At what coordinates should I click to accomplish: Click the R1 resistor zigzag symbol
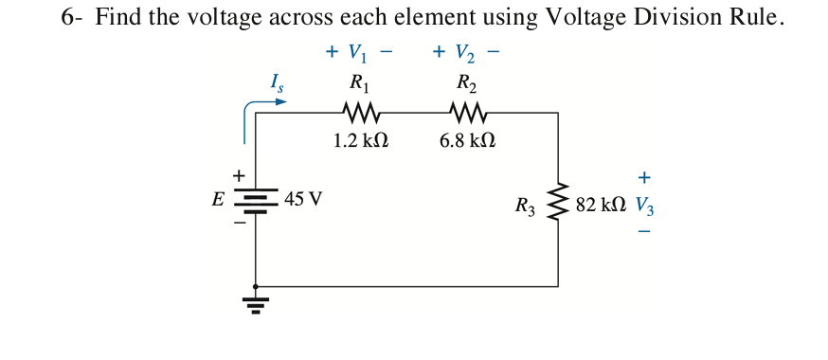coord(361,114)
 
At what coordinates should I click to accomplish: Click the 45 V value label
coord(302,200)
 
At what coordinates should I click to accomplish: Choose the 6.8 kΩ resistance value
coord(467,140)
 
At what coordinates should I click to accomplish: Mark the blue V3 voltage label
coord(644,206)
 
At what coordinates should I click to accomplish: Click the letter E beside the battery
coord(218,200)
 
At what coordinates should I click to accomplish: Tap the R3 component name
coord(525,206)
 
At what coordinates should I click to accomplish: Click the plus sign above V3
coord(644,177)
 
